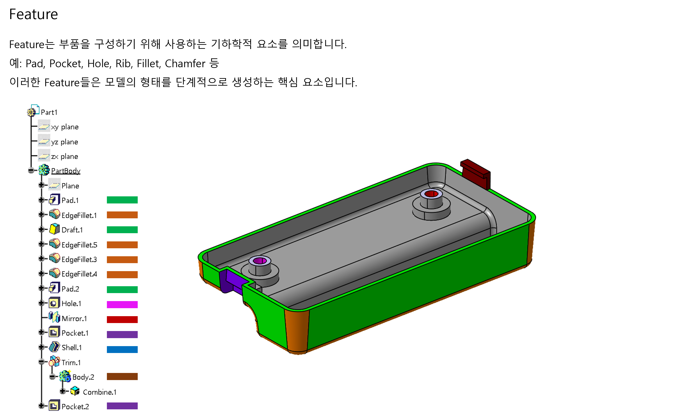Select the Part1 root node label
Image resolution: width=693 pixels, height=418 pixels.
(49, 112)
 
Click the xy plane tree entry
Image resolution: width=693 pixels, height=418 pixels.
(65, 127)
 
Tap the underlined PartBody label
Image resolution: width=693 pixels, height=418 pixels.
(66, 171)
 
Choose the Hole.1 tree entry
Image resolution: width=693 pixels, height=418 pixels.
(71, 304)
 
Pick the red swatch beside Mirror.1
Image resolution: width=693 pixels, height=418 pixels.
(122, 319)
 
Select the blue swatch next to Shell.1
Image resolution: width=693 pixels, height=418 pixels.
(122, 349)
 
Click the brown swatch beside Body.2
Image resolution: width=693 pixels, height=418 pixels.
(122, 376)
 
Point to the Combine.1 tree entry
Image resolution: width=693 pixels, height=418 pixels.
(100, 392)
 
